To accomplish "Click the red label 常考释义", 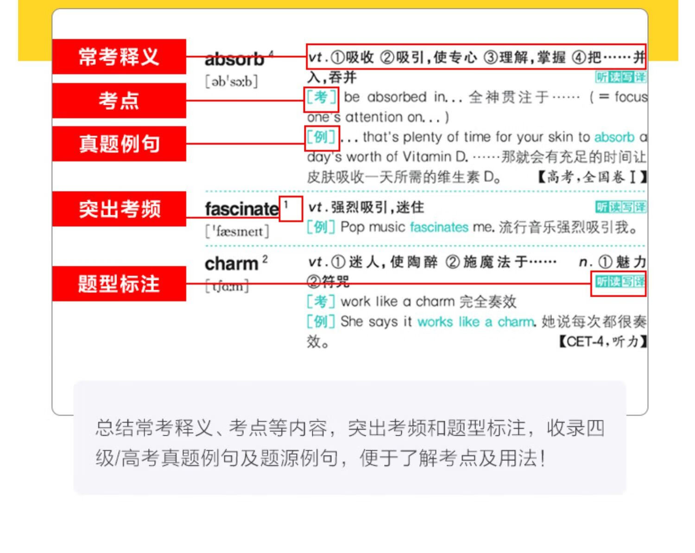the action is pyautogui.click(x=119, y=57).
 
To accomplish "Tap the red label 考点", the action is pyautogui.click(x=119, y=100).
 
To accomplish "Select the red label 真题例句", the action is pyautogui.click(x=119, y=144).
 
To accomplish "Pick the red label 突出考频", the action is pyautogui.click(x=119, y=209).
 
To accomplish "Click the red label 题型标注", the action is pyautogui.click(x=119, y=284).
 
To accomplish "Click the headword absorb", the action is pyautogui.click(x=234, y=59).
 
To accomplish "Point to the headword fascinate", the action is pyautogui.click(x=242, y=209).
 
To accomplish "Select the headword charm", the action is pyautogui.click(x=231, y=264).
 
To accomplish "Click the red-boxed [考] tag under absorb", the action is pyautogui.click(x=321, y=98).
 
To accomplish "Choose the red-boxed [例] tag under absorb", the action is pyautogui.click(x=321, y=138).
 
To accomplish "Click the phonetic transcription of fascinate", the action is pyautogui.click(x=237, y=231).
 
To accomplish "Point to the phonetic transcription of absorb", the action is pyautogui.click(x=231, y=82).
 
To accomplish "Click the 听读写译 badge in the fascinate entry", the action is pyautogui.click(x=620, y=207).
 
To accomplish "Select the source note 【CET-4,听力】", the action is pyautogui.click(x=602, y=342).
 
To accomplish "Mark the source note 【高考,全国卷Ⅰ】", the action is pyautogui.click(x=592, y=177).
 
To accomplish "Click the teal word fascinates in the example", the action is pyautogui.click(x=439, y=227).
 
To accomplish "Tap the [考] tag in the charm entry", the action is pyautogui.click(x=321, y=302).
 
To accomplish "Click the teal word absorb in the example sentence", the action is pyautogui.click(x=614, y=137).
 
